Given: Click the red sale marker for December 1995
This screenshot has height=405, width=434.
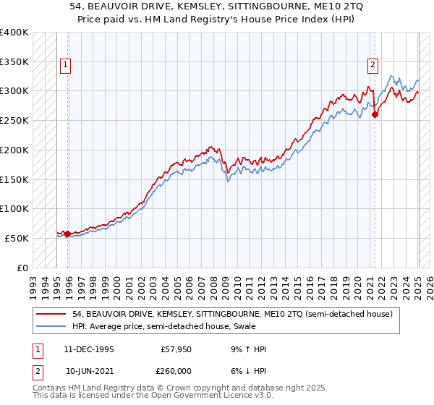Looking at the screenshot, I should tap(67, 234).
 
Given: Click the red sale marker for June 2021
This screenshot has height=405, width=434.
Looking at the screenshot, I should tap(375, 114).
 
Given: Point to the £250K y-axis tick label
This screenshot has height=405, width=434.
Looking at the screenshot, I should tap(14, 120).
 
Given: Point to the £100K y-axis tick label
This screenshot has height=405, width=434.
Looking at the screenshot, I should tap(14, 208).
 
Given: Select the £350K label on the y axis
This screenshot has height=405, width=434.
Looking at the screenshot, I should tap(14, 61).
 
